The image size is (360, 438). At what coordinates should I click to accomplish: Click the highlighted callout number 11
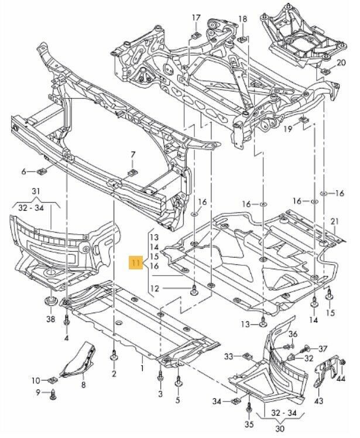pos(136,263)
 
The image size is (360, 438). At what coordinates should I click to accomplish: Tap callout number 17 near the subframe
pos(196,18)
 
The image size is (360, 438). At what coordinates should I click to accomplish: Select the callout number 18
pos(242,19)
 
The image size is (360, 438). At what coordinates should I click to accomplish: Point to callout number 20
pos(341,63)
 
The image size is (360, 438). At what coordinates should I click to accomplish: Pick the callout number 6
pos(25,172)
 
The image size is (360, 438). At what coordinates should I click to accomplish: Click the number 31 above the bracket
pos(36,192)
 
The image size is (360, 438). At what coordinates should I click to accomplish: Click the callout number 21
pos(334,221)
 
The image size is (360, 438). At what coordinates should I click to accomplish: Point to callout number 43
pos(318,401)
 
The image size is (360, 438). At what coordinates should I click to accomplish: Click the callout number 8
pos(83,385)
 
